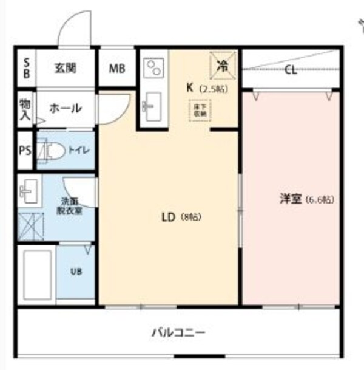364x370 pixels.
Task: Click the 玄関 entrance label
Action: coord(66,68)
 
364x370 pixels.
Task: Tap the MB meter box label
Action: coord(116,68)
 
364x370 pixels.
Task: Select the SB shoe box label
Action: coord(26,68)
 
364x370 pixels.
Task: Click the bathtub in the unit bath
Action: coord(37,273)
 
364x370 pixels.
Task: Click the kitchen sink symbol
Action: coord(152,107)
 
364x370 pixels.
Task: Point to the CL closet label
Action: coord(291,69)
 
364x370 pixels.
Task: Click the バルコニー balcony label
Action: coord(178,332)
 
